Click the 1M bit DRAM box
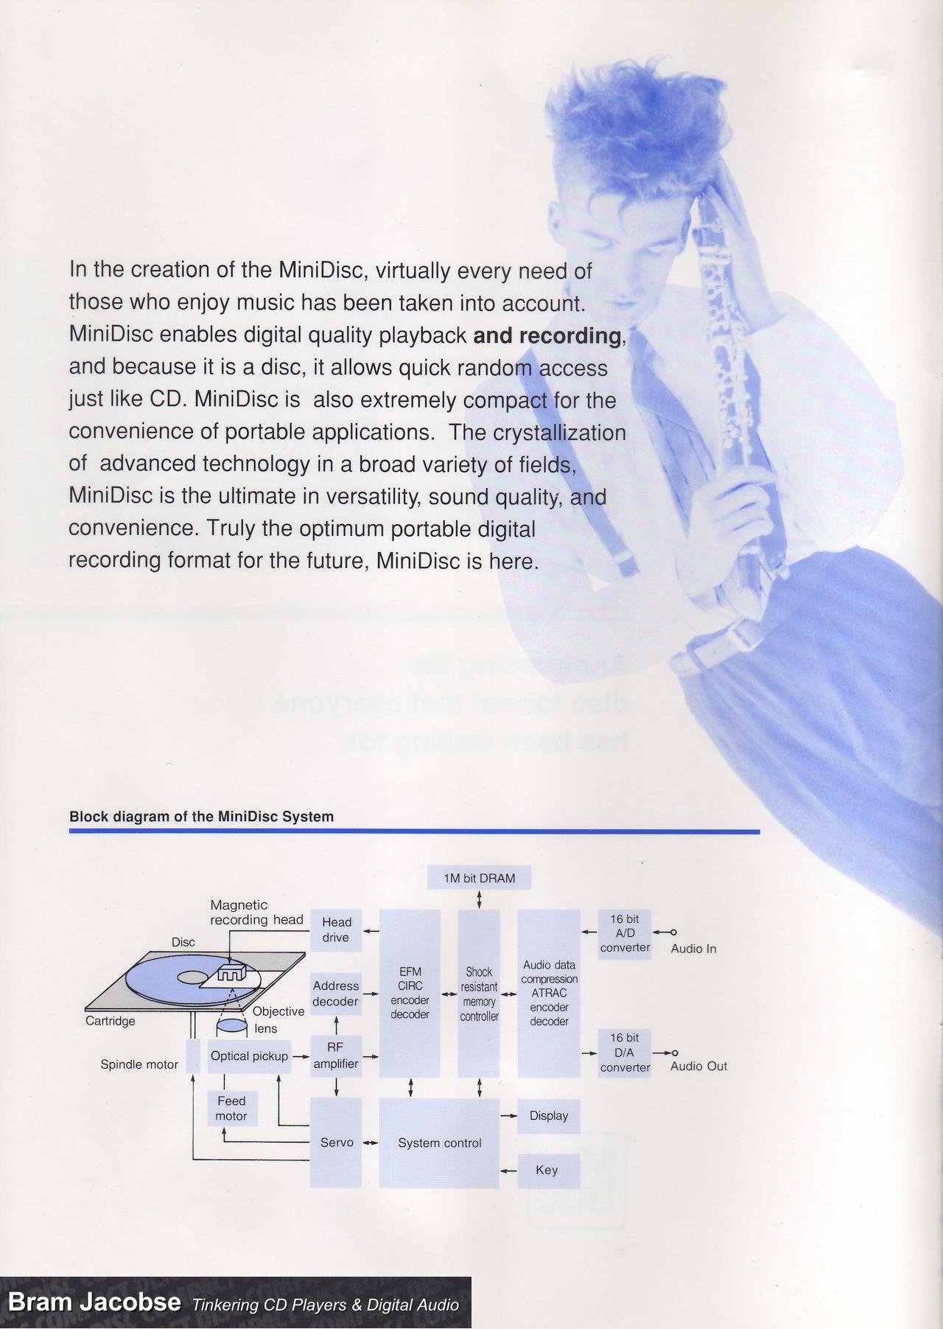[x=479, y=878]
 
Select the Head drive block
[x=336, y=930]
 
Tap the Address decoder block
[x=336, y=994]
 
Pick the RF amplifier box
[x=336, y=1056]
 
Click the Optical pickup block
[x=249, y=1056]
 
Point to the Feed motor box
[x=231, y=1109]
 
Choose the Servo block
[x=336, y=1143]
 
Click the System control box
[x=439, y=1143]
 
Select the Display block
[x=549, y=1116]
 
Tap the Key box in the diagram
[x=547, y=1170]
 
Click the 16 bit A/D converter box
[x=625, y=933]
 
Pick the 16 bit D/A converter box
[x=625, y=1053]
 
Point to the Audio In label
[x=693, y=949]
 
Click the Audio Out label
[x=698, y=1067]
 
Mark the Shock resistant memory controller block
[x=479, y=994]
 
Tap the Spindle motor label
[x=139, y=1064]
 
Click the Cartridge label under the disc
[x=111, y=1021]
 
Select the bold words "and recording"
[x=548, y=336]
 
